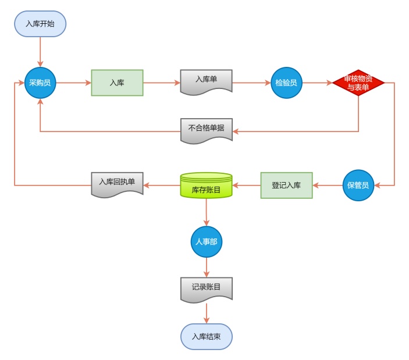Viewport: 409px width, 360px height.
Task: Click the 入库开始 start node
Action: [40, 24]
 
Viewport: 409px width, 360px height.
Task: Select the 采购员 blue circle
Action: [40, 83]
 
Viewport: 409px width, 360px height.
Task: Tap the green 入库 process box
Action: [117, 83]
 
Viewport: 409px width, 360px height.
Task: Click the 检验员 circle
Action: [286, 83]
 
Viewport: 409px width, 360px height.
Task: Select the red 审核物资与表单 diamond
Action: [358, 83]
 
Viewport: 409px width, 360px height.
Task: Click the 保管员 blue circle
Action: [358, 186]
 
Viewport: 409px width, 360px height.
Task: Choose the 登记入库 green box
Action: [286, 185]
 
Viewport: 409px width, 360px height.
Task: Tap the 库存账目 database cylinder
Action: [206, 186]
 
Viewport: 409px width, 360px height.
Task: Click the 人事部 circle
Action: [207, 241]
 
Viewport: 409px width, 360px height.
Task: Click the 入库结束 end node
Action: [206, 337]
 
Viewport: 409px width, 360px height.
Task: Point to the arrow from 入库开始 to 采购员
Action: [40, 52]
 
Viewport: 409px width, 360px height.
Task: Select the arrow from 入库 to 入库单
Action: [162, 83]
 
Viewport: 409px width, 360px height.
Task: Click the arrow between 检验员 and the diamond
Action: [317, 83]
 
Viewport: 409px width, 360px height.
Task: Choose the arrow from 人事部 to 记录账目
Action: [207, 267]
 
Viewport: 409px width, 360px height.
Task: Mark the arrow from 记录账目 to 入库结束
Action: [206, 313]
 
